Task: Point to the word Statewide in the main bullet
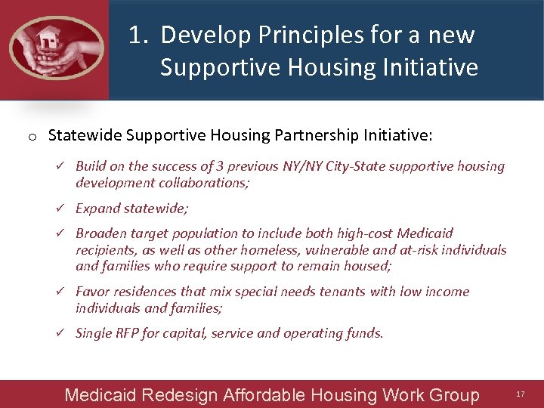(85, 135)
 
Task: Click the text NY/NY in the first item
(298, 166)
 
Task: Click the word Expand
(97, 209)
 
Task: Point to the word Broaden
(100, 233)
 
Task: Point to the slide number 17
(520, 394)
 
